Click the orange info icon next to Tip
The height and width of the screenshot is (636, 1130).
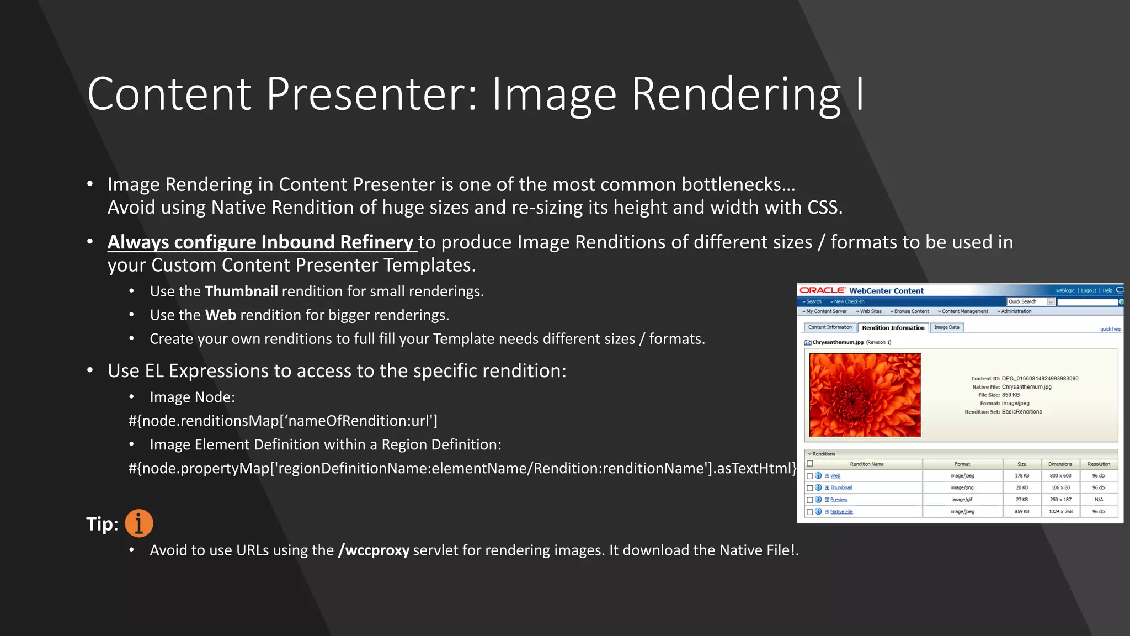point(138,523)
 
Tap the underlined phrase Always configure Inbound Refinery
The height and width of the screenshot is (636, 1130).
point(260,242)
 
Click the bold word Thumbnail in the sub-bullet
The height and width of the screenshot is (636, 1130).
point(241,291)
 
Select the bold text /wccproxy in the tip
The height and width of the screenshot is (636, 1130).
point(374,550)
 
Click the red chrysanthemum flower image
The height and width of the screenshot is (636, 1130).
point(865,395)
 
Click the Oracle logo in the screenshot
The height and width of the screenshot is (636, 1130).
point(822,290)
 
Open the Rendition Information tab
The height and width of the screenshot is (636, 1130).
point(893,327)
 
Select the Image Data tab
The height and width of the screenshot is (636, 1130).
point(946,327)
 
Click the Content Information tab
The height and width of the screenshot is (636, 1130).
point(830,327)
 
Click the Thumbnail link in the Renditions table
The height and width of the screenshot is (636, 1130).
point(841,487)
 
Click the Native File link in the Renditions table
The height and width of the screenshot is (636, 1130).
point(841,511)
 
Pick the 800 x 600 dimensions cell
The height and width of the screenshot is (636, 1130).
point(1060,475)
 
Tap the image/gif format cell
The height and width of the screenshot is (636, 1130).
point(962,499)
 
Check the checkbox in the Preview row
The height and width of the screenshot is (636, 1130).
point(810,500)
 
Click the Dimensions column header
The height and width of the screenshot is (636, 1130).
point(1060,464)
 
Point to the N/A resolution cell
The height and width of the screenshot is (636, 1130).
point(1099,499)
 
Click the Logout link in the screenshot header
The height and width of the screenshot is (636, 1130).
point(1088,290)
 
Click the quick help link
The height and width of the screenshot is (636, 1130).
point(1110,329)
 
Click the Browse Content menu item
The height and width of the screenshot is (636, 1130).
point(911,311)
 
